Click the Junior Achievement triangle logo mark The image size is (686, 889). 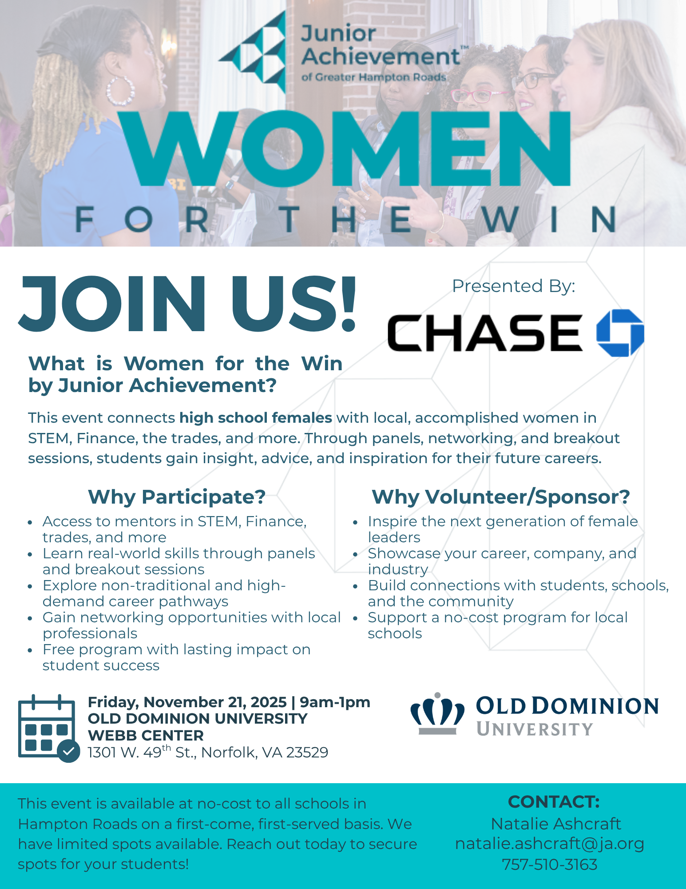click(253, 52)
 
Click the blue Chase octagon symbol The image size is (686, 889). click(620, 333)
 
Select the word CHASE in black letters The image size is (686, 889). click(485, 333)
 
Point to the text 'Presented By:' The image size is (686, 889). click(513, 286)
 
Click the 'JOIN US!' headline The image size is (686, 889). click(187, 304)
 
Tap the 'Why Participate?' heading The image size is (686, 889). click(177, 497)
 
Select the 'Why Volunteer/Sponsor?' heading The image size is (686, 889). click(501, 497)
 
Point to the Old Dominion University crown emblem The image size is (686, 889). click(437, 714)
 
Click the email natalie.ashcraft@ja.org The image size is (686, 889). click(550, 843)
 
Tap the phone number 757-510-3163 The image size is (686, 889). click(550, 865)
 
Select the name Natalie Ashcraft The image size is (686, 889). click(556, 824)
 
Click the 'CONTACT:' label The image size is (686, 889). click(554, 802)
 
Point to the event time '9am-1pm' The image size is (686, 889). click(335, 702)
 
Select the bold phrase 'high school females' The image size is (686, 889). click(256, 418)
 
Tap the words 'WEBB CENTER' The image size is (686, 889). click(146, 736)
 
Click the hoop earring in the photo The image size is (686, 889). click(120, 91)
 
